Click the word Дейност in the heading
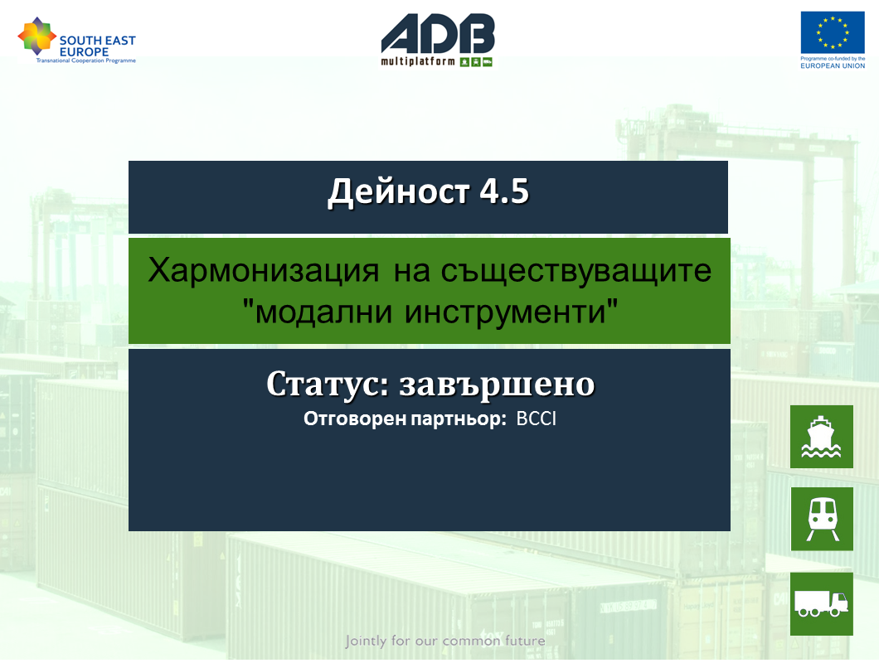(x=398, y=192)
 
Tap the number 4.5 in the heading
(x=504, y=191)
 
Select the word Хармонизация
(x=264, y=271)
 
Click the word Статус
(x=328, y=385)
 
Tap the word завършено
(x=497, y=385)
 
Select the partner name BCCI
(x=536, y=419)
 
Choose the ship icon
(x=821, y=437)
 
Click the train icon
(x=822, y=519)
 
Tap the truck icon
(x=821, y=603)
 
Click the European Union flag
(x=833, y=32)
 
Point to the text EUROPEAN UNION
(x=833, y=65)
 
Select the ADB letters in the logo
(x=438, y=34)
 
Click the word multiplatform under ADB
(x=418, y=61)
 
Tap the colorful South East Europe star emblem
(x=37, y=36)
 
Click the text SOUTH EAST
(x=98, y=41)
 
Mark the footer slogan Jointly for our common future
(x=445, y=641)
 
